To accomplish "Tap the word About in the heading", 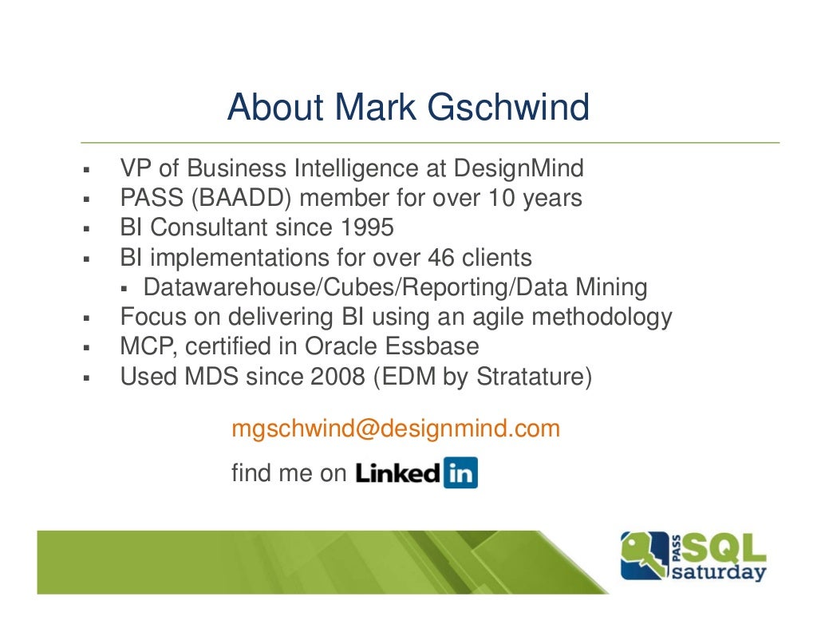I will pos(275,108).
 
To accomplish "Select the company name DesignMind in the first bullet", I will pos(519,169).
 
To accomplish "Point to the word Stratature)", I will pos(534,377).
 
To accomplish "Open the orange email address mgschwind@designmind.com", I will pos(396,429).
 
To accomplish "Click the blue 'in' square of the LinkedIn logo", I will pos(460,473).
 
